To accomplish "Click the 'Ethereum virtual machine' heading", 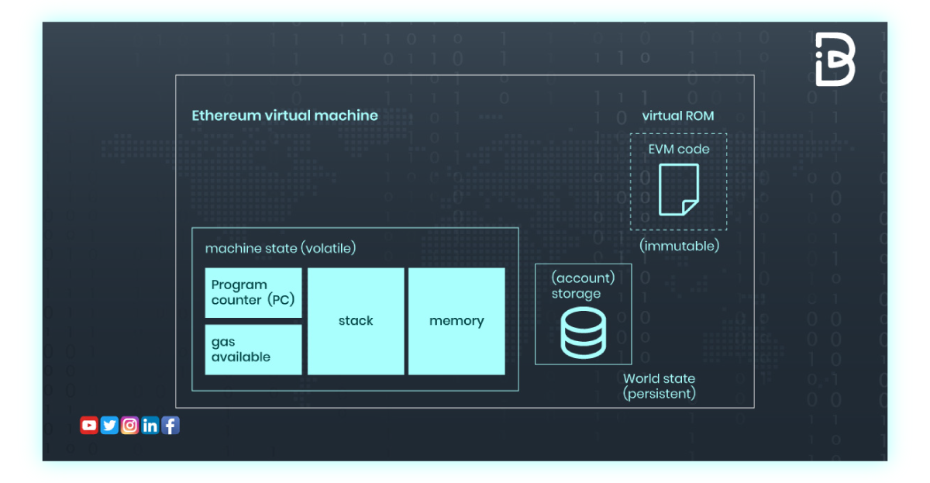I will pyautogui.click(x=284, y=116).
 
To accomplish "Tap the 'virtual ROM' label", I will pyautogui.click(x=677, y=116).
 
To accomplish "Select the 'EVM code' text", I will pyautogui.click(x=678, y=149).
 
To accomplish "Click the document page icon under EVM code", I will pyautogui.click(x=678, y=189).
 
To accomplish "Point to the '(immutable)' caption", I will pyautogui.click(x=679, y=246).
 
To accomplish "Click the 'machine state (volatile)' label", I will pyautogui.click(x=280, y=248).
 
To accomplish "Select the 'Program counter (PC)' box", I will pyautogui.click(x=253, y=293).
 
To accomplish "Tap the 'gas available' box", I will pyautogui.click(x=253, y=350).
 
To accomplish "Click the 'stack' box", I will pyautogui.click(x=356, y=321).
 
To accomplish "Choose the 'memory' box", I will pyautogui.click(x=456, y=321).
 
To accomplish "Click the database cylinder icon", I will pyautogui.click(x=583, y=333).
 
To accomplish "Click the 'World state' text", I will pyautogui.click(x=659, y=379).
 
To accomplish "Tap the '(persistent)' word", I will pyautogui.click(x=659, y=394).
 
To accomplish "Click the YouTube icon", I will pyautogui.click(x=89, y=425).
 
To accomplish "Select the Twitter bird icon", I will pyautogui.click(x=109, y=425).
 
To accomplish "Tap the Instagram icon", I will pyautogui.click(x=129, y=425).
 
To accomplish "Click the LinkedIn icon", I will pyautogui.click(x=150, y=425).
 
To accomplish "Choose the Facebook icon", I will pyautogui.click(x=170, y=425).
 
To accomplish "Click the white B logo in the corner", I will pyautogui.click(x=835, y=59).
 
